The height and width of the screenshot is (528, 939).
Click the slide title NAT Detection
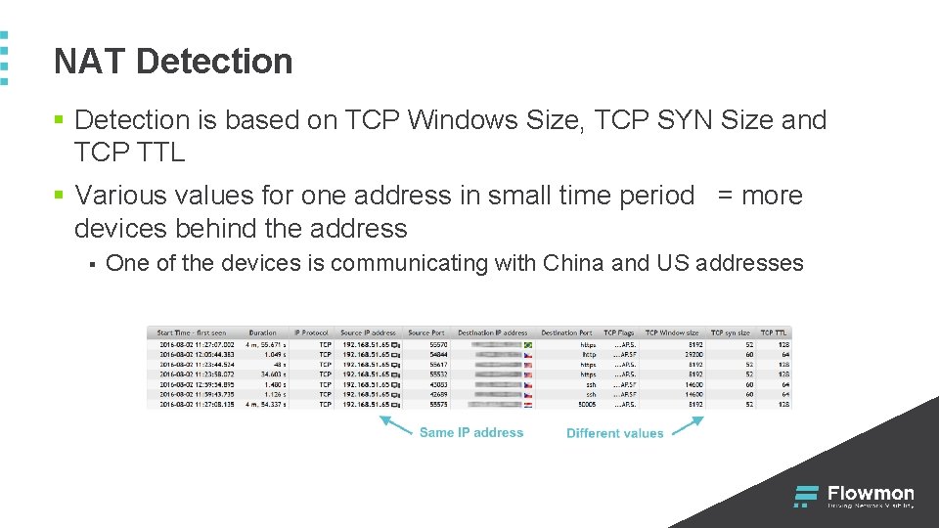tap(173, 62)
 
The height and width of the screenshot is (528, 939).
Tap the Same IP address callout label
tap(471, 432)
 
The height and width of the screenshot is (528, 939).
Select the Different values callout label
tap(614, 433)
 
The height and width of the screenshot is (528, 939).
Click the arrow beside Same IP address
tap(395, 423)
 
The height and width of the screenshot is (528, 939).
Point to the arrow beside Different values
tap(688, 424)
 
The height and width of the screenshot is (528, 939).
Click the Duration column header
tap(262, 333)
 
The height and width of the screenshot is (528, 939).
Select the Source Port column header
tap(426, 333)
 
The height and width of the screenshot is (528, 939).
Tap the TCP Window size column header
tap(672, 333)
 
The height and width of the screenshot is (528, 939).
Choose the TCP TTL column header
tap(774, 333)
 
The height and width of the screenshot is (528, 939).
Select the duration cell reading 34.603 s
tap(268, 374)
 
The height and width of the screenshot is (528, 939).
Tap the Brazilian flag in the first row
tap(529, 345)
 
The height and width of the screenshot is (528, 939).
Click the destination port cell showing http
tap(588, 355)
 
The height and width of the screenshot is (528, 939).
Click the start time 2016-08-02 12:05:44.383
tap(197, 355)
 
